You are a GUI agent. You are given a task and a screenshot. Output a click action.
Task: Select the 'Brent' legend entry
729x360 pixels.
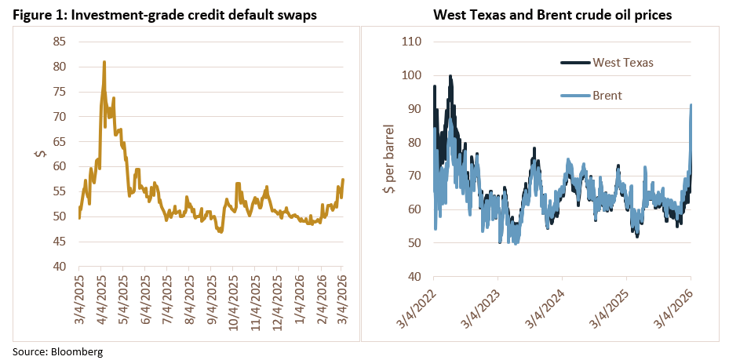pyautogui.click(x=607, y=95)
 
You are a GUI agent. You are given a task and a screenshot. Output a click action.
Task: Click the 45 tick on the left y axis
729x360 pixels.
pyautogui.click(x=60, y=242)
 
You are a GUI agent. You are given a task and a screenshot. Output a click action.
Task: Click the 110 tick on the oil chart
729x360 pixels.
pyautogui.click(x=412, y=42)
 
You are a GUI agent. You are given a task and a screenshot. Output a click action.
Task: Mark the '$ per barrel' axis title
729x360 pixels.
pyautogui.click(x=385, y=158)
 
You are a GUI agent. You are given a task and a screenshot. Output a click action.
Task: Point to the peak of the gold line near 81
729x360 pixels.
pyautogui.click(x=104, y=61)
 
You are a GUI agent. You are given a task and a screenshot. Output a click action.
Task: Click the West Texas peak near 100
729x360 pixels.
pyautogui.click(x=450, y=76)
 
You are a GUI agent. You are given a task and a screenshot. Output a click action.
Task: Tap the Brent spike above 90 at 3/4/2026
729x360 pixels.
pyautogui.click(x=691, y=104)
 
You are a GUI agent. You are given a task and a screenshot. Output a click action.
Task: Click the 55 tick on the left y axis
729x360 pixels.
pyautogui.click(x=60, y=191)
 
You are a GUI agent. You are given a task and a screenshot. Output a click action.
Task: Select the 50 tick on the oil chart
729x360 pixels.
pyautogui.click(x=415, y=242)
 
